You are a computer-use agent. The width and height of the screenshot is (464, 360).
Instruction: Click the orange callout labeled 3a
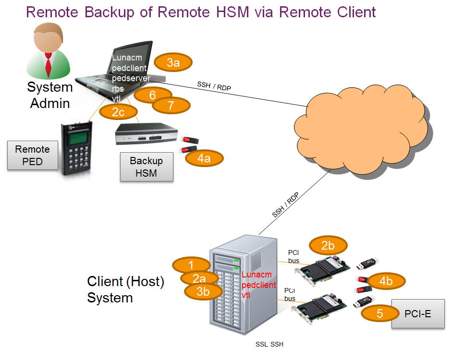click(173, 62)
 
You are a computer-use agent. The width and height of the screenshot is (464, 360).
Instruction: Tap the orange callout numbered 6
click(153, 95)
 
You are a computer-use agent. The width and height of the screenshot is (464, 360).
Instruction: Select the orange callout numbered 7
click(171, 105)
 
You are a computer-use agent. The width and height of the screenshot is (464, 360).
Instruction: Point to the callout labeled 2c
click(118, 112)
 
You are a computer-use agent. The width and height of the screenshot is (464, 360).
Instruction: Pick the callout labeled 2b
click(328, 246)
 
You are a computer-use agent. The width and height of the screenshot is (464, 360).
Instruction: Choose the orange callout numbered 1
click(191, 265)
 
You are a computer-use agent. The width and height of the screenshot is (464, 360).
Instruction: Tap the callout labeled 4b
click(386, 281)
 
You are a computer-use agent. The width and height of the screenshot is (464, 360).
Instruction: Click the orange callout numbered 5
click(380, 314)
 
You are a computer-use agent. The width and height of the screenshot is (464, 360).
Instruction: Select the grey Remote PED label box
click(32, 156)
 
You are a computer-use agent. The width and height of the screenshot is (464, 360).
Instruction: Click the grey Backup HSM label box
click(147, 167)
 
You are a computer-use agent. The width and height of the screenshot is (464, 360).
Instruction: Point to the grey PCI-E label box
click(418, 314)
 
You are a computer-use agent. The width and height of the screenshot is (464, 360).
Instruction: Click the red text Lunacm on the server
click(256, 275)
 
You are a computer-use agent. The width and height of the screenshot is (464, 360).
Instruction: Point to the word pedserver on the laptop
click(131, 78)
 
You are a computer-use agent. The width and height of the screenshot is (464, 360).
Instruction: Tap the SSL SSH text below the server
click(269, 344)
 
